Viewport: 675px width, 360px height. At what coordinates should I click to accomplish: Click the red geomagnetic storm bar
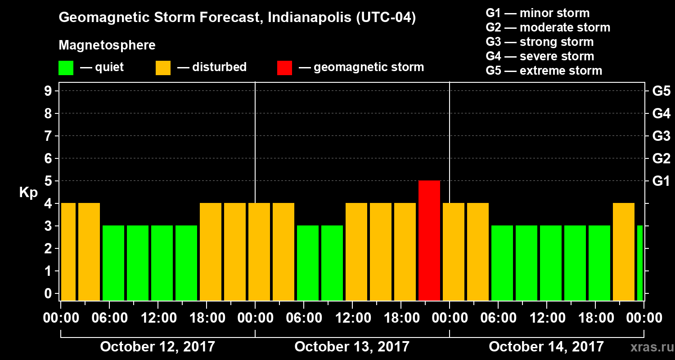429,241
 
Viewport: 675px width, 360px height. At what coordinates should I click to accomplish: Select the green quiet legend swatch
66,68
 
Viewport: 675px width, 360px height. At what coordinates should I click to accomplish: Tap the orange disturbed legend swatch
163,68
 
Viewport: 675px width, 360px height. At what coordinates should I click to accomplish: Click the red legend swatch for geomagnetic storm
284,68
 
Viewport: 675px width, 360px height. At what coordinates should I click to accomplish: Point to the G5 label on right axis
661,91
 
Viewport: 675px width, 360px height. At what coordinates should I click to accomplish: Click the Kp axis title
28,193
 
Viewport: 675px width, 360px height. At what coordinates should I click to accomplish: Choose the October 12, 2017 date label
157,346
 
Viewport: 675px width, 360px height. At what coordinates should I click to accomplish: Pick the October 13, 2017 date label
352,346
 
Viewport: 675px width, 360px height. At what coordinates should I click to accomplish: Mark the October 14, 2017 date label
546,346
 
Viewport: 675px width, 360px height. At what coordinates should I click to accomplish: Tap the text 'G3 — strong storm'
540,42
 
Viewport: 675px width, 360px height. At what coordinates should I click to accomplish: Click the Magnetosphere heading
107,45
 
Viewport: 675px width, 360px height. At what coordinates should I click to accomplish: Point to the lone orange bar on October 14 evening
624,252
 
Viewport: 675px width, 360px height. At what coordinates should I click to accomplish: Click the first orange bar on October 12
68,252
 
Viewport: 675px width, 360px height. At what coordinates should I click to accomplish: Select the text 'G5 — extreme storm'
544,71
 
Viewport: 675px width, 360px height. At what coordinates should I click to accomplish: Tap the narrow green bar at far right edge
640,263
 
